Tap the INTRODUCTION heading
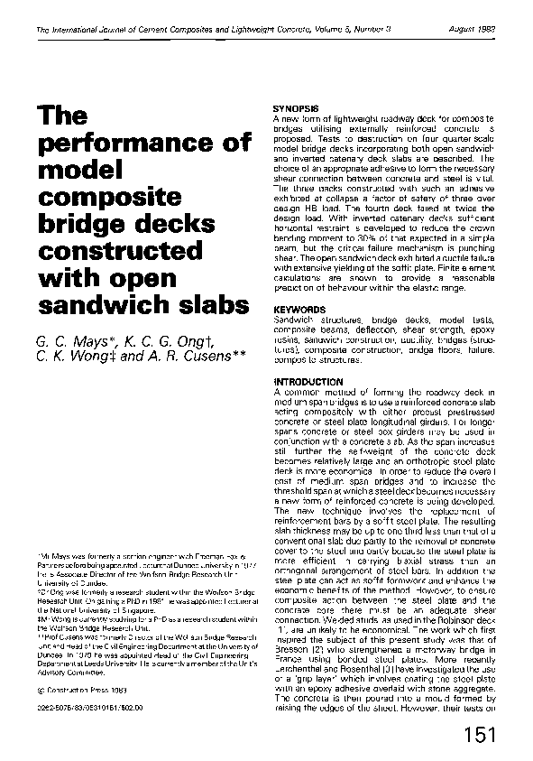(306, 382)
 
